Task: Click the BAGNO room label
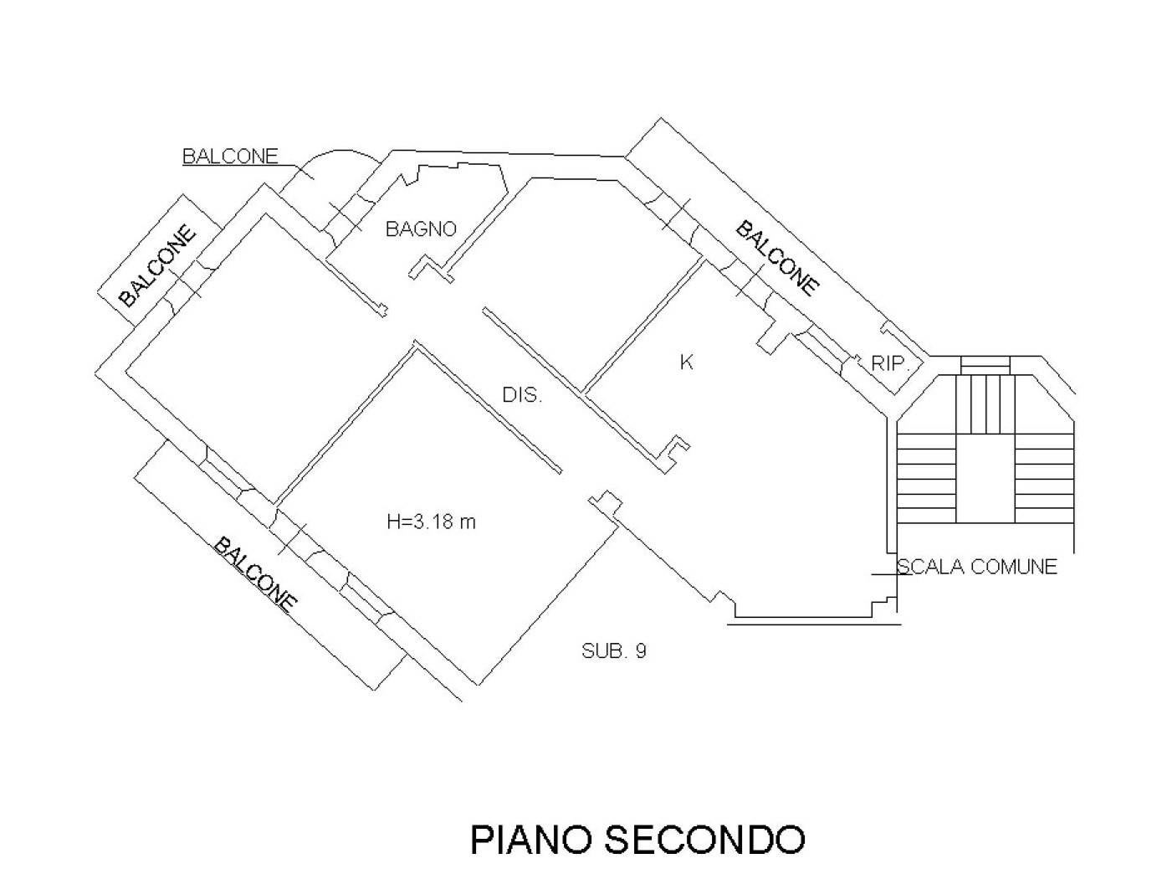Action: [x=421, y=229]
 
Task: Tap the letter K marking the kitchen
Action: [x=687, y=362]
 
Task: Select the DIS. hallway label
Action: [x=522, y=396]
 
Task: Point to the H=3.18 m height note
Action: [x=431, y=522]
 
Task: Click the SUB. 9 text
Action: [x=613, y=650]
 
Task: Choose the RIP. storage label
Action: [x=891, y=363]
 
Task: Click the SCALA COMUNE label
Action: [x=976, y=567]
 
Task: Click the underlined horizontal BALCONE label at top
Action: [x=230, y=157]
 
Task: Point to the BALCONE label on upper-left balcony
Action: [x=158, y=265]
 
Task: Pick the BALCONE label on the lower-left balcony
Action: [x=256, y=574]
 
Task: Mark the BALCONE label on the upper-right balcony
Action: [x=777, y=258]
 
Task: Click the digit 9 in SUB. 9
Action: [x=640, y=650]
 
